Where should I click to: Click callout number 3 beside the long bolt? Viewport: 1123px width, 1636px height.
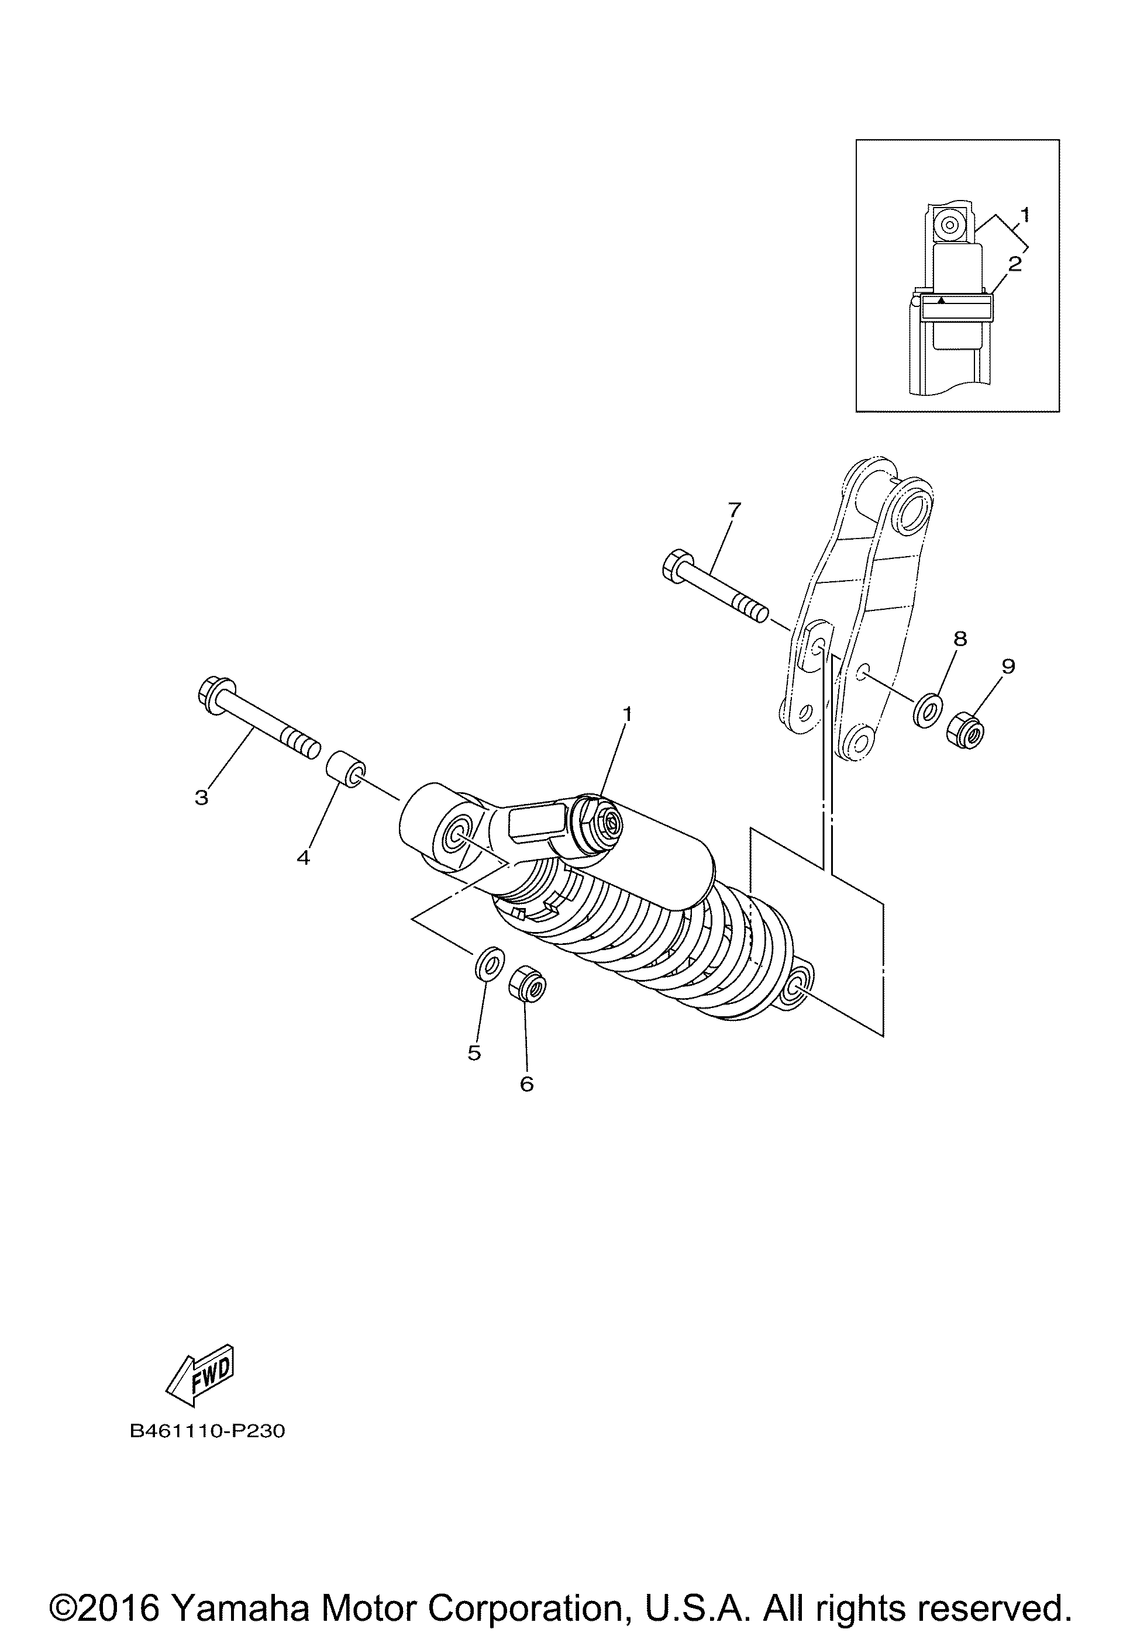(x=202, y=798)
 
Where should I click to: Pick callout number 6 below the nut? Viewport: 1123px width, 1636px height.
(x=526, y=1104)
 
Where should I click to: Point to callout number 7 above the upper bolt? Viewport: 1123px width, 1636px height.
(x=735, y=509)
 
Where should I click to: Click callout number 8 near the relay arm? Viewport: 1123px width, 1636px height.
(x=960, y=638)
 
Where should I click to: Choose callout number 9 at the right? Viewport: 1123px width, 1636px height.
(x=1008, y=666)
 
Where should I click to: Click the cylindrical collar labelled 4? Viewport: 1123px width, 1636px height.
(x=345, y=769)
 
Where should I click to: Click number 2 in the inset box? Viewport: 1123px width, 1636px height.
(x=1015, y=265)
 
